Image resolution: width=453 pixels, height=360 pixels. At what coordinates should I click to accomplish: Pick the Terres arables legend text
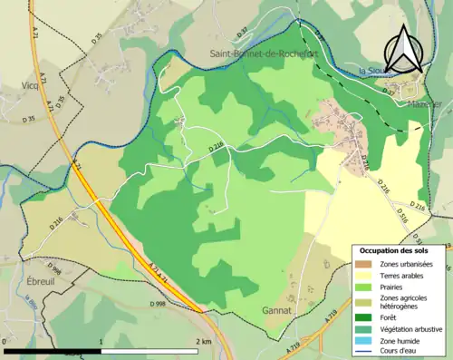402,275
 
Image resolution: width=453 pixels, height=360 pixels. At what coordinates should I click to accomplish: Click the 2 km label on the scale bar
204,341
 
